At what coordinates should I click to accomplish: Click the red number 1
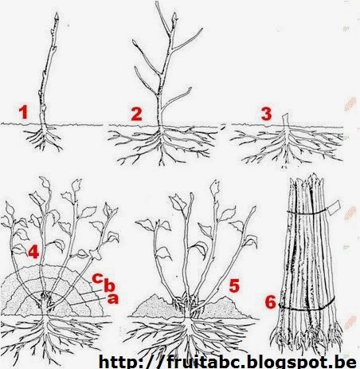coord(24,112)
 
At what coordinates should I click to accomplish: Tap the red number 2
coord(137,114)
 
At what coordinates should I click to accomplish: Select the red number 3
coord(266,114)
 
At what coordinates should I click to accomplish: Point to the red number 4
coord(33,252)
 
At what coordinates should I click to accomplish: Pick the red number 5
coord(234,286)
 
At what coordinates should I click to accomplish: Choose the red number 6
coord(271,302)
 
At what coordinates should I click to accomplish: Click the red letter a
coord(112,299)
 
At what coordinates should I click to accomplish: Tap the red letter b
coord(109,285)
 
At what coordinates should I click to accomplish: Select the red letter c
coord(97,278)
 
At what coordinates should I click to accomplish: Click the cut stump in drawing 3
coord(285,120)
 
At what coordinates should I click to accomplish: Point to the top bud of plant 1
coord(57,16)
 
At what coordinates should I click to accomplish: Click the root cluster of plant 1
coord(43,137)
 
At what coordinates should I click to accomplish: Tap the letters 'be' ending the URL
coord(346,362)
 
